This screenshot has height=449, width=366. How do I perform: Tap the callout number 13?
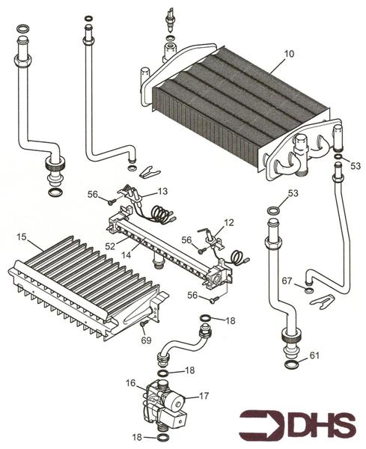coord(162,192)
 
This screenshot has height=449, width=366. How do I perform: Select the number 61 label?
coord(314,355)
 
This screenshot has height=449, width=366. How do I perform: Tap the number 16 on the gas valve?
coord(130,384)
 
